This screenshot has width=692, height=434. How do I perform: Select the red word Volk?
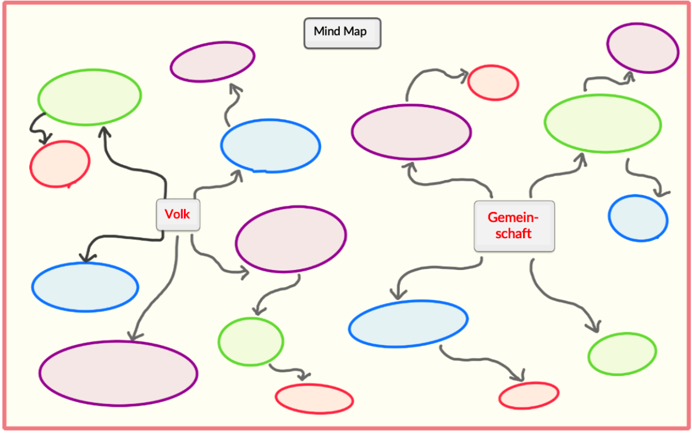(x=177, y=214)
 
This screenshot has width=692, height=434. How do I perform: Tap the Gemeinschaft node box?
(x=514, y=226)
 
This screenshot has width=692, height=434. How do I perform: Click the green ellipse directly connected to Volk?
(x=89, y=96)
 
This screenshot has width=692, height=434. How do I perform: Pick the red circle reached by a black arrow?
(x=60, y=163)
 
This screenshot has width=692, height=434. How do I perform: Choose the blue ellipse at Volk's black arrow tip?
(x=85, y=287)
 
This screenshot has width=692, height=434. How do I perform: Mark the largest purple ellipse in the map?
(x=118, y=373)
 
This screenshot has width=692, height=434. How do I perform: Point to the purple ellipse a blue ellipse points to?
(x=212, y=61)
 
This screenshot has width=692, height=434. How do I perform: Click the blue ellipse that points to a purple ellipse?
(x=270, y=146)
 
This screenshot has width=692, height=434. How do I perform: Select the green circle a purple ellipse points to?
(x=250, y=341)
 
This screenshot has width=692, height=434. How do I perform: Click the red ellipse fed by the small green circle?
(x=314, y=398)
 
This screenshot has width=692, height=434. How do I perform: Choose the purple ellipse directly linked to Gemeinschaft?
(x=411, y=132)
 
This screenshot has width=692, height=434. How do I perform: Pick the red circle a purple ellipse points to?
(x=493, y=82)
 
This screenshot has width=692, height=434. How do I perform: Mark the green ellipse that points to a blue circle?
(x=603, y=123)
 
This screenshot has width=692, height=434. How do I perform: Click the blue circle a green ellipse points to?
(x=638, y=218)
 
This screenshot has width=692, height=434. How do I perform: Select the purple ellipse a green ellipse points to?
(x=642, y=48)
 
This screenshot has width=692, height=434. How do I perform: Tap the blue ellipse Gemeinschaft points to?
(x=408, y=323)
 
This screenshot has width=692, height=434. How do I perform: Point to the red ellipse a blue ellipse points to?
(x=529, y=395)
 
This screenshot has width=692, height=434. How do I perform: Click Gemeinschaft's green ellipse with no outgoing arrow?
(x=622, y=353)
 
